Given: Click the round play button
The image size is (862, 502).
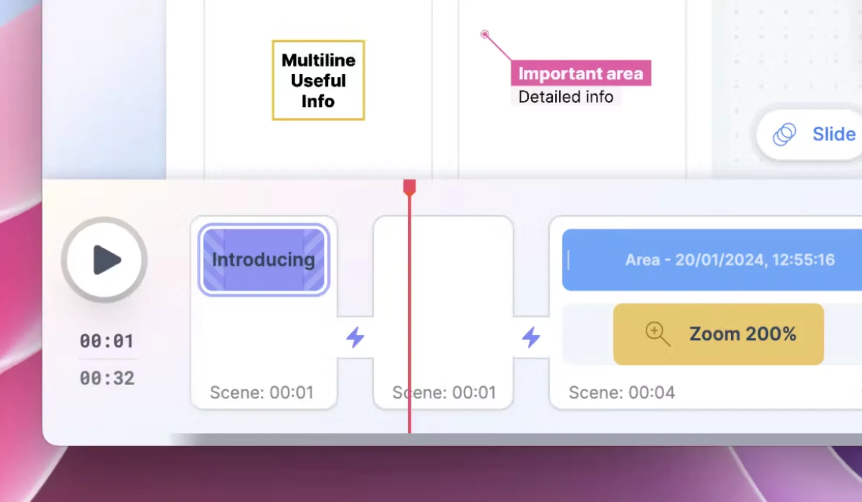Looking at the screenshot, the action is click(104, 260).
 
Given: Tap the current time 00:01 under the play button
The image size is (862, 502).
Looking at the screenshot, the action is click(107, 341).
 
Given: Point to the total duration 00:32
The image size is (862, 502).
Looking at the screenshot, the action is click(107, 378).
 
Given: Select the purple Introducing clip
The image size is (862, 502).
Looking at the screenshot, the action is click(264, 260).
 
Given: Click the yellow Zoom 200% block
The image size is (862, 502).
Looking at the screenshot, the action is click(718, 334).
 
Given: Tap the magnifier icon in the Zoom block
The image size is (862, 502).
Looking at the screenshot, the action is click(657, 334).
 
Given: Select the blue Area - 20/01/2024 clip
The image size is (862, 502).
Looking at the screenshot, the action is click(712, 260).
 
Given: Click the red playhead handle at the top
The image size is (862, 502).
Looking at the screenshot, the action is click(409, 187).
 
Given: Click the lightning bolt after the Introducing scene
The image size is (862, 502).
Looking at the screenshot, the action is click(355, 337).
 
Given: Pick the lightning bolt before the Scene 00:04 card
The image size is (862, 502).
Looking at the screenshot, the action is click(531, 337).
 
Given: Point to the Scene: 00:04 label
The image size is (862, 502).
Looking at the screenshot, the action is click(622, 393).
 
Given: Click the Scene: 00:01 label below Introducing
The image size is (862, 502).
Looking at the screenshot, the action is click(261, 393).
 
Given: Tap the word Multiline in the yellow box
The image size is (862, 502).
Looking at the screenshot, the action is click(319, 60).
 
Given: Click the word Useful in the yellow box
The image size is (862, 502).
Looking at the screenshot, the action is click(318, 81).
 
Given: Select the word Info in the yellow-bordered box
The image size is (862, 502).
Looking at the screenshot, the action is click(318, 101).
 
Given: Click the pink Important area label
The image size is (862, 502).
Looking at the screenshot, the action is click(581, 73).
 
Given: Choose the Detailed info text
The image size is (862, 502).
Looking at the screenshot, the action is click(566, 97).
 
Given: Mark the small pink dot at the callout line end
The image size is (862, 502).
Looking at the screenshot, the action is click(485, 34).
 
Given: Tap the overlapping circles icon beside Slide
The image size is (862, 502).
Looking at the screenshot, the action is click(784, 134).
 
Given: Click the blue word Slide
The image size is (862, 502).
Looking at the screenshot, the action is click(834, 134).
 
